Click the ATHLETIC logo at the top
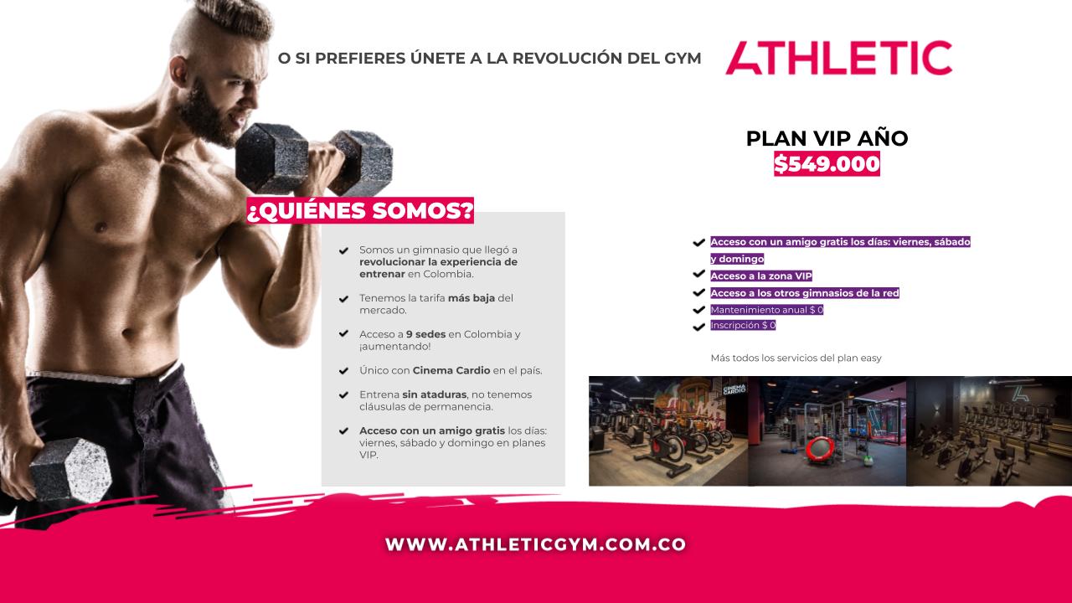838,58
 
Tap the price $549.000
827,163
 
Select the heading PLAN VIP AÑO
827,138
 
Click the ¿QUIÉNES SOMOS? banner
360,210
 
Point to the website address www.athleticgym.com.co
535,544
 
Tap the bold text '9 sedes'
426,334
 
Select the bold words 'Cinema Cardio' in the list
451,370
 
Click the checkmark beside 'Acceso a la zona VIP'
698,274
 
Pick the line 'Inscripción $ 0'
743,325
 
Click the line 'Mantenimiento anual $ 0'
766,310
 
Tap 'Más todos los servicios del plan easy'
796,358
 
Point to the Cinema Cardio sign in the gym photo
734,389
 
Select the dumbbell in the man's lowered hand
71,471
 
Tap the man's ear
178,72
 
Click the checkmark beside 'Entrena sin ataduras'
343,394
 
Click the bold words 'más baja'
472,297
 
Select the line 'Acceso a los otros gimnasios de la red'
805,293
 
